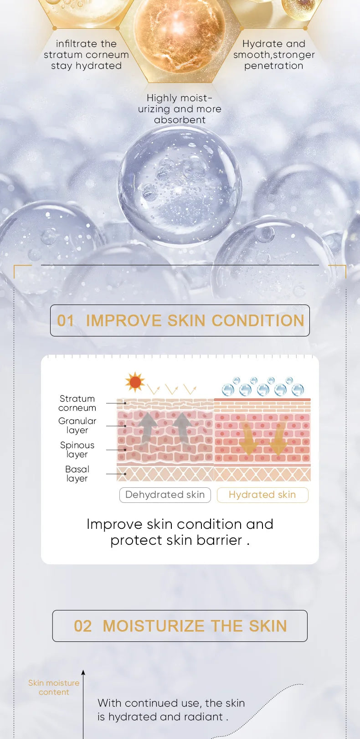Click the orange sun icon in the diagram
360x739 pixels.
[135, 382]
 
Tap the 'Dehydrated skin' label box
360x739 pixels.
[165, 495]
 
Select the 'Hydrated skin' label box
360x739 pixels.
[262, 495]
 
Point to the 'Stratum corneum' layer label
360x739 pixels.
[77, 403]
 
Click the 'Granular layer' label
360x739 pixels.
[77, 425]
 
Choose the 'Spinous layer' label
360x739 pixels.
[77, 450]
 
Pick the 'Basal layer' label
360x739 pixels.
[77, 474]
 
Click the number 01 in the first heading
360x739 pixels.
[66, 320]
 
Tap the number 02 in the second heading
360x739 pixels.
[82, 626]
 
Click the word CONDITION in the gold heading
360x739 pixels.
[257, 320]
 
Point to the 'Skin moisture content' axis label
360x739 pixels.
[54, 687]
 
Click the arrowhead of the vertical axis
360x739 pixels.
[83, 672]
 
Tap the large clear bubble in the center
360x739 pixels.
[180, 185]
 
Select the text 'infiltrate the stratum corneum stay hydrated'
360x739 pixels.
[86, 55]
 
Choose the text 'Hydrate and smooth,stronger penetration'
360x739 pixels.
[274, 55]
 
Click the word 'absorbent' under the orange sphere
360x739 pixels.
[180, 120]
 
